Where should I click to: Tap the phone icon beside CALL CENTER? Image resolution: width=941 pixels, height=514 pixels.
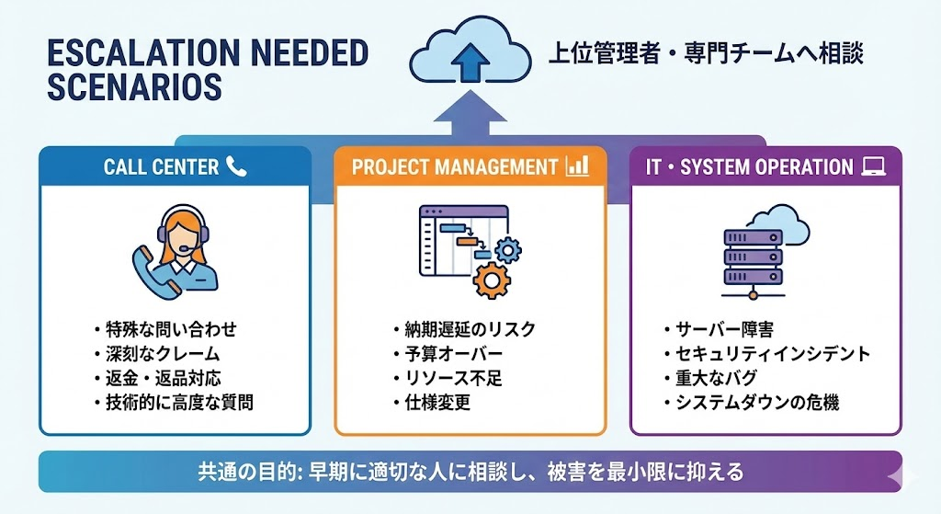point(237,166)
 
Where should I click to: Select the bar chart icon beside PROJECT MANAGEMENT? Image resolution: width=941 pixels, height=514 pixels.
point(577,166)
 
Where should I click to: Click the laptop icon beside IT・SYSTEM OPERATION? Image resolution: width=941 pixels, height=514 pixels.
point(872,167)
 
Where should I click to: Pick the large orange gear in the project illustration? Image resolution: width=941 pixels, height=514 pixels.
point(493,279)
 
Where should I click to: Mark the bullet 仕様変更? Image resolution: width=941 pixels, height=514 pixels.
point(436,401)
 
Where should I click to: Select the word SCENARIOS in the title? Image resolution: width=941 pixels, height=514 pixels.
point(133,87)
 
